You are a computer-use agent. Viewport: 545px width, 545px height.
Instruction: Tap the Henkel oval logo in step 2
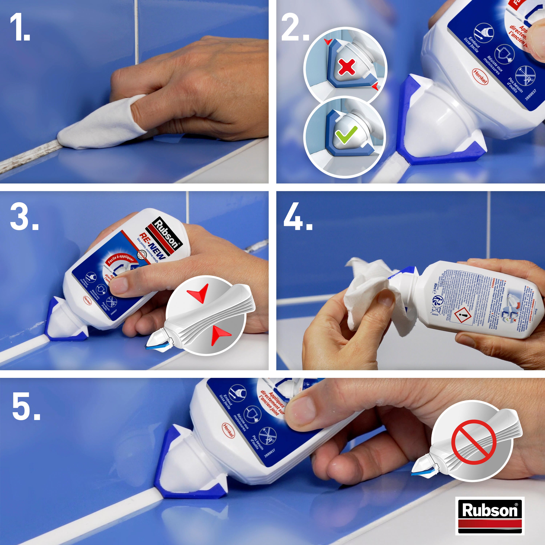(480, 76)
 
